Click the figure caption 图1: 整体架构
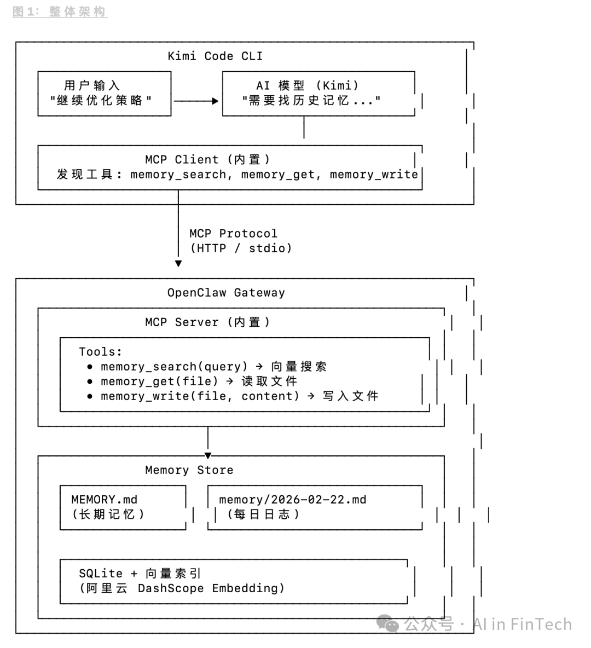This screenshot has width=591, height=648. tap(60, 11)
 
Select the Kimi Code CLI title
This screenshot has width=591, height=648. tap(215, 56)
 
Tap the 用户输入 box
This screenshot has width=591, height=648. tap(104, 93)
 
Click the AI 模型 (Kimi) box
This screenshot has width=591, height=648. tap(317, 93)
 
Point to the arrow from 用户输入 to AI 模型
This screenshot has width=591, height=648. tap(196, 101)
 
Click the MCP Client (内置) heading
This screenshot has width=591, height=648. tap(208, 159)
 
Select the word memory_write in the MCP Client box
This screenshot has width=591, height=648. tap(374, 175)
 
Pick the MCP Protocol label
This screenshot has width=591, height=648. tap(233, 233)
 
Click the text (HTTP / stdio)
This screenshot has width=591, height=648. tap(241, 248)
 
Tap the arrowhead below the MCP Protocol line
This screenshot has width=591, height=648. tap(178, 263)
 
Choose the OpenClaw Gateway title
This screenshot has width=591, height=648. tap(226, 292)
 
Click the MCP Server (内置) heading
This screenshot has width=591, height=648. tap(208, 322)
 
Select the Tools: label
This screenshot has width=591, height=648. tap(101, 351)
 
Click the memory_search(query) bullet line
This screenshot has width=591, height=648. tap(213, 366)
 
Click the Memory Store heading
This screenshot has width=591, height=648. tap(189, 470)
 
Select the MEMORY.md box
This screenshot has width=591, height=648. tap(123, 507)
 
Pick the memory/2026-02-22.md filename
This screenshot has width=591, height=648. tap(293, 499)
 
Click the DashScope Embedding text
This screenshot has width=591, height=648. tap(211, 588)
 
